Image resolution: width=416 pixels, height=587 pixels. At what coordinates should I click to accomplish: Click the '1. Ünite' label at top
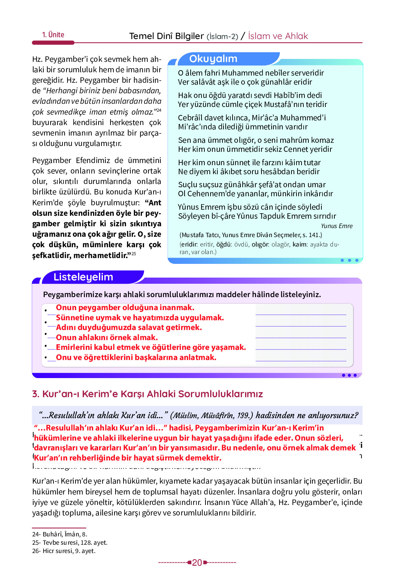click(53, 35)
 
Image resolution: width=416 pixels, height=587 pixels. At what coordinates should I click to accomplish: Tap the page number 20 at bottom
click(197, 562)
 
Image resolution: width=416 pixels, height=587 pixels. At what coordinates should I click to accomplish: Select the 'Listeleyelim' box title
click(83, 277)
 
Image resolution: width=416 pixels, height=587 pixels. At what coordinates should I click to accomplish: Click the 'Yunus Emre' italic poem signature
click(337, 226)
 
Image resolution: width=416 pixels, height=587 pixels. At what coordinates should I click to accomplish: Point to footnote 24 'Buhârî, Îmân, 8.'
click(60, 534)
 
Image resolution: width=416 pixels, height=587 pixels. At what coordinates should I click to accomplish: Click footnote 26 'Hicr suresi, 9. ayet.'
click(64, 551)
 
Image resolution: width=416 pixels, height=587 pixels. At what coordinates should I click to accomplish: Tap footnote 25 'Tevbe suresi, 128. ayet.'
click(70, 543)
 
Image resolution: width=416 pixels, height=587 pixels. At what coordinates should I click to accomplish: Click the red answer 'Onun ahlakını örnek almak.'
click(107, 337)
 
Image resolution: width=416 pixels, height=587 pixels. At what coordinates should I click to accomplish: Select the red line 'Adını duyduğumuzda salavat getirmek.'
click(129, 327)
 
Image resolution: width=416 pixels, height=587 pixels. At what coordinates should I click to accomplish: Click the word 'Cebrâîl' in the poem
click(190, 118)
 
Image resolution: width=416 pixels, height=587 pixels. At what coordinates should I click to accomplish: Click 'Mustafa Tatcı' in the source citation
click(199, 235)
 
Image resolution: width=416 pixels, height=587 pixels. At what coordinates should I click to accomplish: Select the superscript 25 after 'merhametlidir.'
click(134, 254)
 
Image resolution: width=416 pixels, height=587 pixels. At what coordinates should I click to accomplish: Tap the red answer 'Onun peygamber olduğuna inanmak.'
click(125, 308)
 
